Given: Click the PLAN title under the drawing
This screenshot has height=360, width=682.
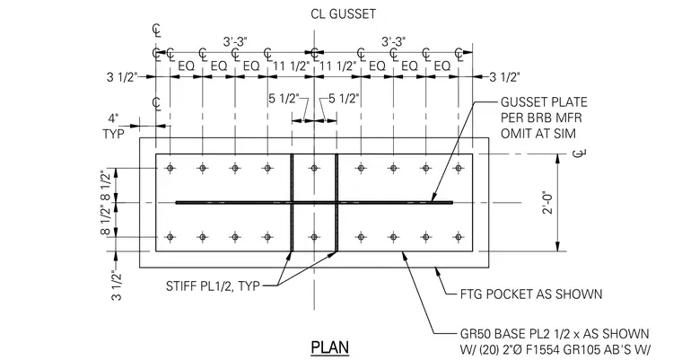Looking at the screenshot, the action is click(x=330, y=347).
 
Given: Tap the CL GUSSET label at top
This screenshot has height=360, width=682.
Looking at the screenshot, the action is click(x=343, y=14).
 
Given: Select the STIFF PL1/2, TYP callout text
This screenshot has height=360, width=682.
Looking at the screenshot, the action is click(x=213, y=286).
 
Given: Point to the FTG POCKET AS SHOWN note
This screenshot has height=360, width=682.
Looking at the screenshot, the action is click(x=531, y=294).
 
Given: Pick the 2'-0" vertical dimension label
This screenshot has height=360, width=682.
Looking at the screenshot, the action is click(x=548, y=202).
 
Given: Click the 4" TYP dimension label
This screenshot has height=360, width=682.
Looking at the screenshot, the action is click(x=114, y=127).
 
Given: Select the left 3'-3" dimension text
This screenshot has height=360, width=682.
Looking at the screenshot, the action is click(x=235, y=42).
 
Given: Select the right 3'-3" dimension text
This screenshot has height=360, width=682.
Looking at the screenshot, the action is click(x=394, y=42).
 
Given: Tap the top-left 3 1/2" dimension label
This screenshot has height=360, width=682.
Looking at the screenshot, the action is click(x=122, y=77).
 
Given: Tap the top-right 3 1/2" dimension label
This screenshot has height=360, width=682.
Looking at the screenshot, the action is click(x=505, y=77).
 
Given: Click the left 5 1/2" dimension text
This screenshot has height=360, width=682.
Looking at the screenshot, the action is click(x=284, y=99).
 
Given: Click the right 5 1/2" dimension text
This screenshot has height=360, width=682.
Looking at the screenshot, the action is click(x=344, y=99).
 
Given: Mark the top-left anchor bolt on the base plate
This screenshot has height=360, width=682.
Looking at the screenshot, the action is click(x=170, y=168).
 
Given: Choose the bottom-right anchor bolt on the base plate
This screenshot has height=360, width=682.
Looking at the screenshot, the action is click(x=458, y=237).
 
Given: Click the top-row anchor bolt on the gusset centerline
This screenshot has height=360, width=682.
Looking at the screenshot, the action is click(x=314, y=168).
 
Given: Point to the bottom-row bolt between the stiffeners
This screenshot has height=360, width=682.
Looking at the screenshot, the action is click(x=314, y=237).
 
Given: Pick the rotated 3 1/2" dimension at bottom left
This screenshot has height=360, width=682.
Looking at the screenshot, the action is click(x=117, y=285).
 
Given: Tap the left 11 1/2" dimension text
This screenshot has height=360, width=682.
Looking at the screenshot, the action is click(x=292, y=66).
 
